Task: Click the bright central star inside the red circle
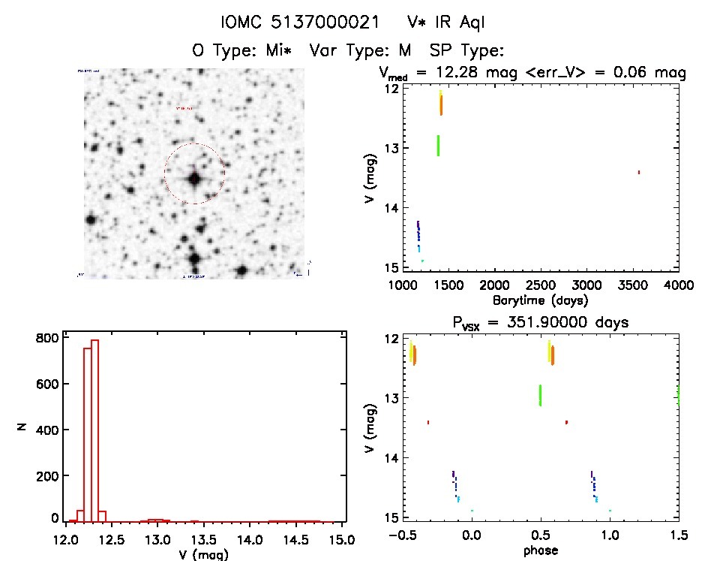[x=194, y=179]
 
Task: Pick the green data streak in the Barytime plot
[x=438, y=145]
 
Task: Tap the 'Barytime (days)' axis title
[x=540, y=300]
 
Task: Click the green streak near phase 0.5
[x=540, y=395]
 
